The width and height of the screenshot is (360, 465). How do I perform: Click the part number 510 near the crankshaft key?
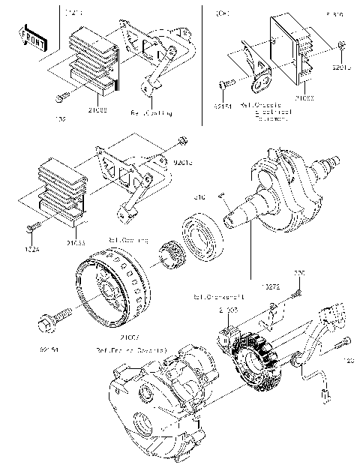click(x=201, y=197)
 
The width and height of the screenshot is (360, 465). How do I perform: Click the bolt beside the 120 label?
click(x=341, y=344)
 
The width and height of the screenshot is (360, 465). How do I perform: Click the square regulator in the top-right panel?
click(x=294, y=43)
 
